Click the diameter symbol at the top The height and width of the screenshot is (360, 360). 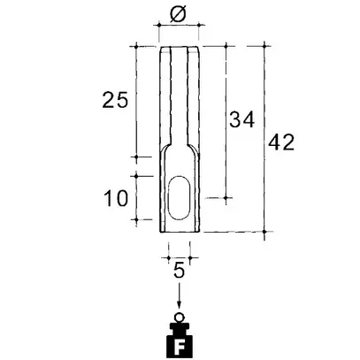coord(178,14)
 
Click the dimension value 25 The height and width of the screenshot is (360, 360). coord(115,100)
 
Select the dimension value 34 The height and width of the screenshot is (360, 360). coord(241,119)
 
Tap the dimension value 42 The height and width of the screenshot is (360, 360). coord(281,142)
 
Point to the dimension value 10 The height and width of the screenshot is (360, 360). coord(116,198)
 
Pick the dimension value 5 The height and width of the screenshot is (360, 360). coord(179,270)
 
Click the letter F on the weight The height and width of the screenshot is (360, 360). coord(179,348)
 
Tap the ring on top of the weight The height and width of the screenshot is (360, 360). coord(180,318)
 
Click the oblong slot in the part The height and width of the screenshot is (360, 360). coord(180,197)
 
